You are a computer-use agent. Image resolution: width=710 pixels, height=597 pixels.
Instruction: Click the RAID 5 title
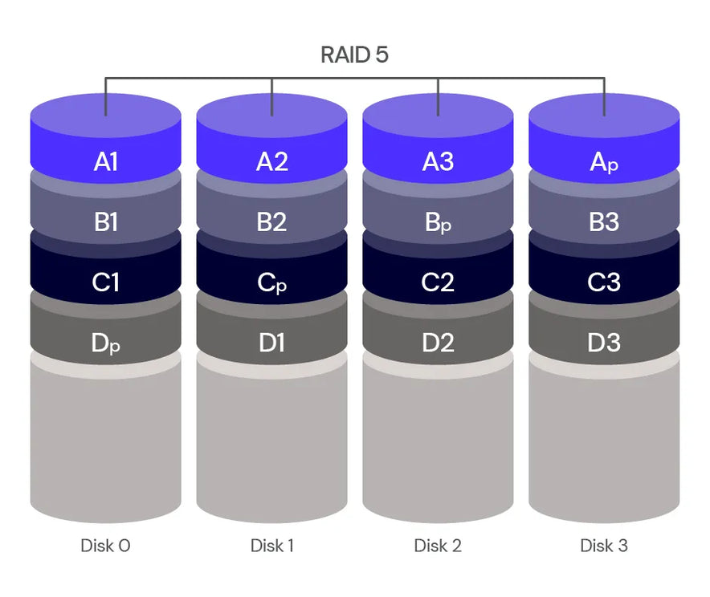point(354,55)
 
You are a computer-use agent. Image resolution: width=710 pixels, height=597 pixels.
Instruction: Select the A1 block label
point(106,161)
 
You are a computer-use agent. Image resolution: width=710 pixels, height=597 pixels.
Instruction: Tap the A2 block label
point(271,161)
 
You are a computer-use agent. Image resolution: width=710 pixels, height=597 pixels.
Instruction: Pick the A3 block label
point(438,161)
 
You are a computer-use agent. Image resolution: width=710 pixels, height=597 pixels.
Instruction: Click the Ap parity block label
point(604,162)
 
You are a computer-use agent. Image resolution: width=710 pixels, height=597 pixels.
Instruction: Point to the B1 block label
point(106,222)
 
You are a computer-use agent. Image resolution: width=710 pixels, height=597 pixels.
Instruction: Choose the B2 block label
point(271,222)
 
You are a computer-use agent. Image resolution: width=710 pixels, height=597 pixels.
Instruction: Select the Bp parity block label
point(438,223)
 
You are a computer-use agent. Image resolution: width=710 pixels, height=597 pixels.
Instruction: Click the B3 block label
point(604,222)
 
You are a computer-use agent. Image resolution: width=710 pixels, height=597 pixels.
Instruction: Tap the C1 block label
point(106,282)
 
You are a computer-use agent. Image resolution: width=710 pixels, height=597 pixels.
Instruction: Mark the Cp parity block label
point(271,283)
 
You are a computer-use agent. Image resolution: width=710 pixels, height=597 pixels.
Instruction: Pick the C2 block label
point(438,282)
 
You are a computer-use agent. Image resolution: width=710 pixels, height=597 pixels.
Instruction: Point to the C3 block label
point(604,282)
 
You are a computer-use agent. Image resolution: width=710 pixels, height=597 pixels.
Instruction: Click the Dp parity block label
point(106,343)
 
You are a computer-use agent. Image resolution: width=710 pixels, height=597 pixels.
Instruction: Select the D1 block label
point(271,343)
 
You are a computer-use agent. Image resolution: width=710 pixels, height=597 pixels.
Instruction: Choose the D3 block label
point(604,343)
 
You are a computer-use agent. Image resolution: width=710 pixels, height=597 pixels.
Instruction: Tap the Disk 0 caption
point(105,546)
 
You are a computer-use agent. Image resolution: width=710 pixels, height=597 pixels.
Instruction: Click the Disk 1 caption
point(271,546)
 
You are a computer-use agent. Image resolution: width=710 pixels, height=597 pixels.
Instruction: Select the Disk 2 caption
point(438,546)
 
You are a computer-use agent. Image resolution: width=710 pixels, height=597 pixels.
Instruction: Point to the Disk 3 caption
point(604,546)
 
